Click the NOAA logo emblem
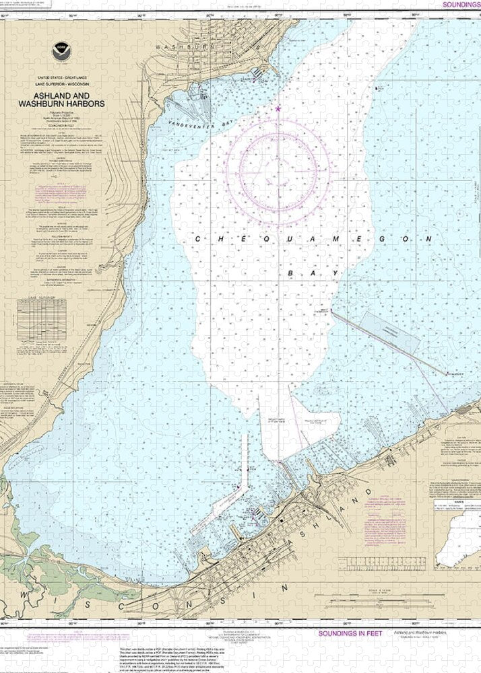coord(62,49)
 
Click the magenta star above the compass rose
coord(277,108)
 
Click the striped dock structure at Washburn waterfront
coord(259,73)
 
